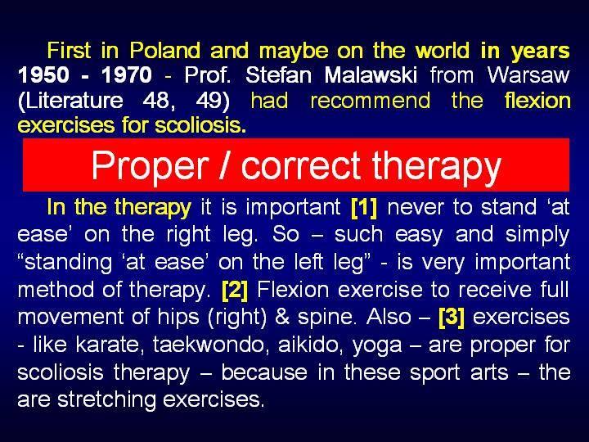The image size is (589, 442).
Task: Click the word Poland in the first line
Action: [x=164, y=51]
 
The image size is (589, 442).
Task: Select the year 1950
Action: [x=43, y=74]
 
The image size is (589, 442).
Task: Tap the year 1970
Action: [x=127, y=74]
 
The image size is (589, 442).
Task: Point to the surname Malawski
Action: [x=371, y=74]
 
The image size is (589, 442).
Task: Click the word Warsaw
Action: [x=528, y=74]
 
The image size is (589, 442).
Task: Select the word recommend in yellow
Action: [x=371, y=101]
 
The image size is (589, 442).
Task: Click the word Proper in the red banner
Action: [x=151, y=165]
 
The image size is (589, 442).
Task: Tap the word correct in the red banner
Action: [x=301, y=165]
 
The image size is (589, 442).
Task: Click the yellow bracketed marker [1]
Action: [x=363, y=207]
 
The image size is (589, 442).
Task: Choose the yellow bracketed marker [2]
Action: [x=235, y=290]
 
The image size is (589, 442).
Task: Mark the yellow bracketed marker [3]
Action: [x=452, y=318]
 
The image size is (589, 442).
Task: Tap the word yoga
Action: [x=377, y=345]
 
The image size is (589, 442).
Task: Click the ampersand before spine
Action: [x=282, y=318]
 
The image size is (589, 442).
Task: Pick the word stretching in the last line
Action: [x=106, y=400]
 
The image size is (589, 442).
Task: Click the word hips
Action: [x=178, y=318]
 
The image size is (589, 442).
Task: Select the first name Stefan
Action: [x=279, y=74]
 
